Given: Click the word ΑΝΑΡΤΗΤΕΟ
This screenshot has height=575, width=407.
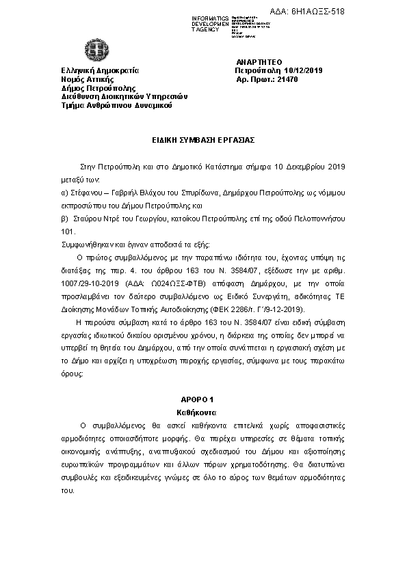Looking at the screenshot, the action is click(x=258, y=61).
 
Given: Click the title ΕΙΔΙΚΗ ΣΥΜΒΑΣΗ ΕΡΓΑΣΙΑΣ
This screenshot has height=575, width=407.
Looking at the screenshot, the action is click(x=203, y=139).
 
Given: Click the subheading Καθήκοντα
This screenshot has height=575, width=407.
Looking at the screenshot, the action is click(x=203, y=412).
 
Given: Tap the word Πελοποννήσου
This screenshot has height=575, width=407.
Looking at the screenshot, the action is click(x=321, y=218).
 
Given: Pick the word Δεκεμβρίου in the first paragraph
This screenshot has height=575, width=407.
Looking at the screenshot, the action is click(x=304, y=166).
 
